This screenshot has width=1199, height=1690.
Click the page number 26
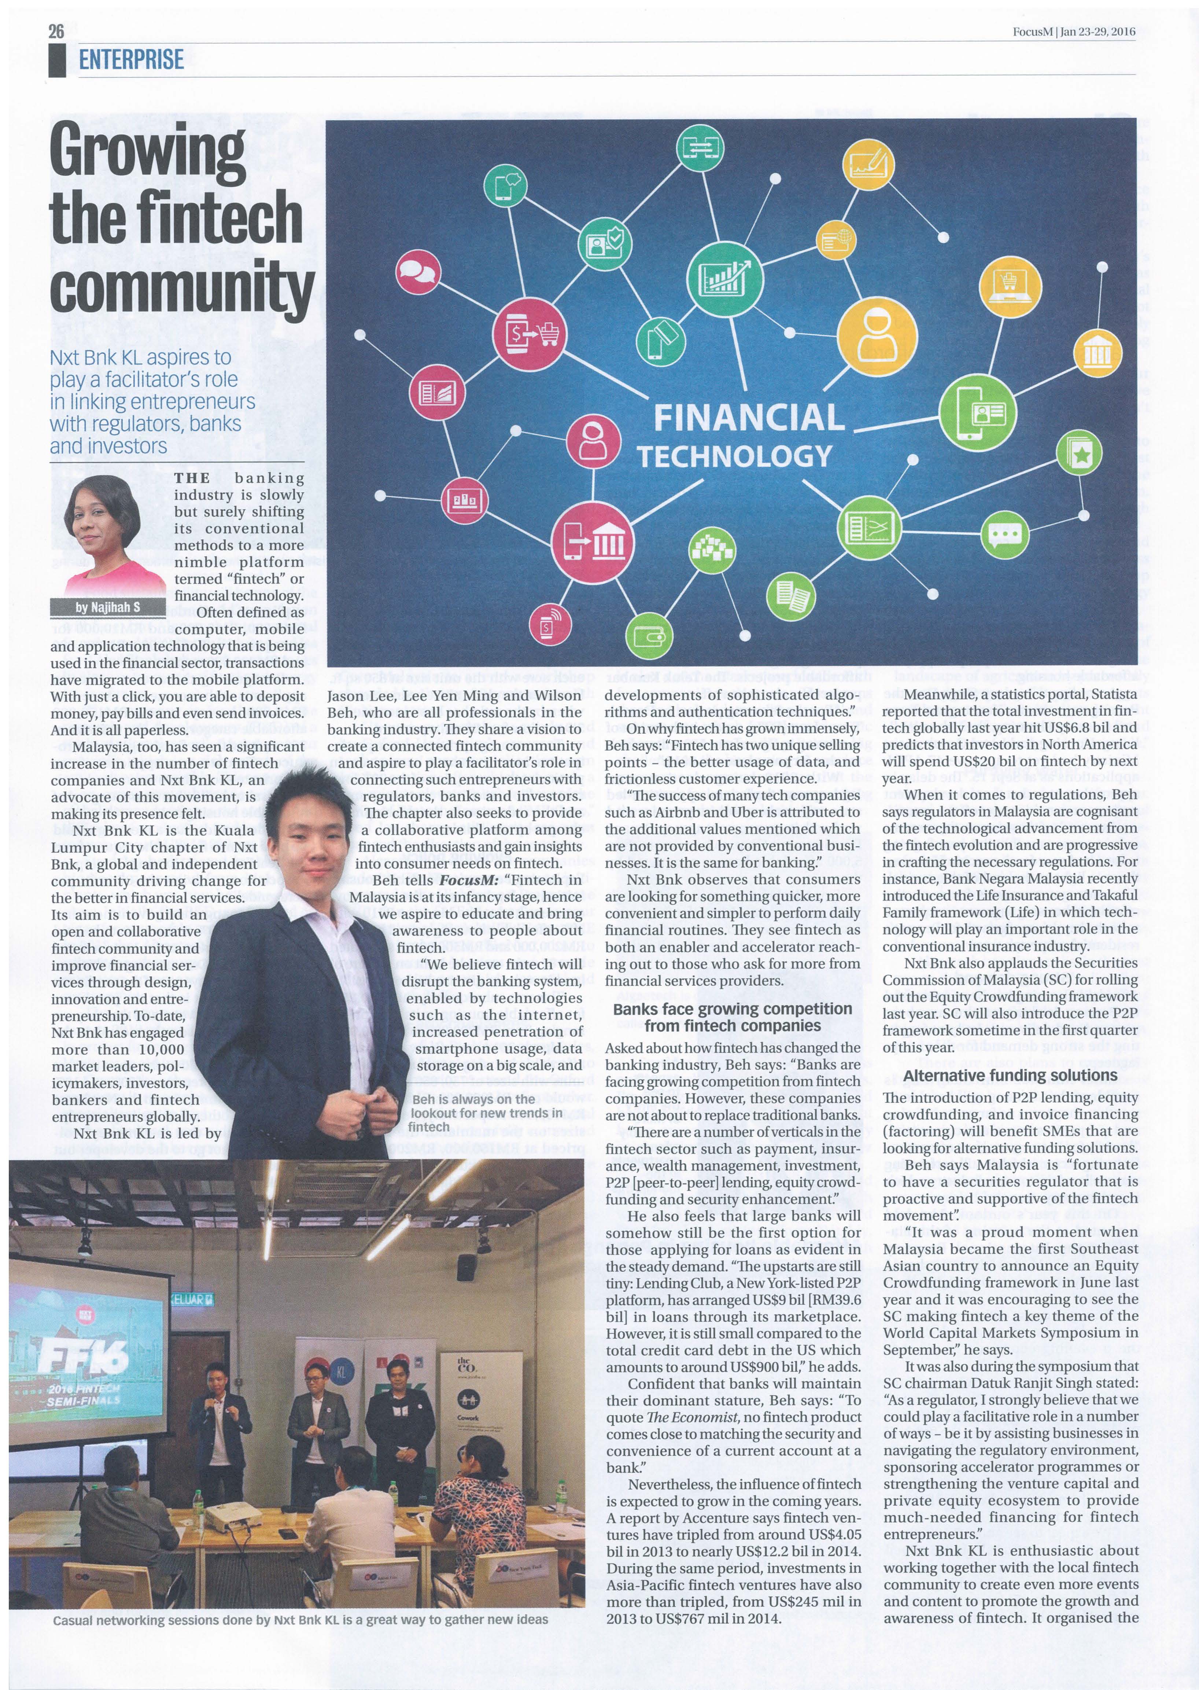click(56, 31)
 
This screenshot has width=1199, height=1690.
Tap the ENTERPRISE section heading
click(132, 59)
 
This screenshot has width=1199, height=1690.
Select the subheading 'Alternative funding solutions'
click(1010, 1076)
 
